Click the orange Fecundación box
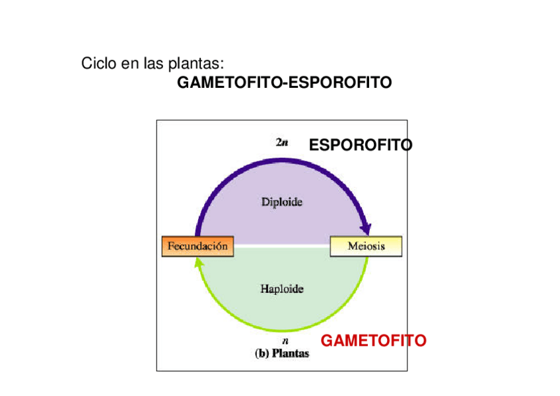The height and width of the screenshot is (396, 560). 197,246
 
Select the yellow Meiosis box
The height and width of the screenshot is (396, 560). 366,246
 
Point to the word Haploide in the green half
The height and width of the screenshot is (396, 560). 281,289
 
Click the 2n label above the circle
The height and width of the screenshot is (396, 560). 281,141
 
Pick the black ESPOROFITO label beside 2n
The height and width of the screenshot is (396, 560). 361,145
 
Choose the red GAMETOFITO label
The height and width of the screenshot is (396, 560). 373,341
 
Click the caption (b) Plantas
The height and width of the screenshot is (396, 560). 282,353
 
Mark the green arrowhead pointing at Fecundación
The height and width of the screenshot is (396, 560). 198,262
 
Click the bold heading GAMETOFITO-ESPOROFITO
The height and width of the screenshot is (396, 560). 285,83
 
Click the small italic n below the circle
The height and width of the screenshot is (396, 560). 285,341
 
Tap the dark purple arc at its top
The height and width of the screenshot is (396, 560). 281,159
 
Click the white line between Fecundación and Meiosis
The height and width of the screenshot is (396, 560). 281,245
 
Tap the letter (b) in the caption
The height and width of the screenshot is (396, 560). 261,353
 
